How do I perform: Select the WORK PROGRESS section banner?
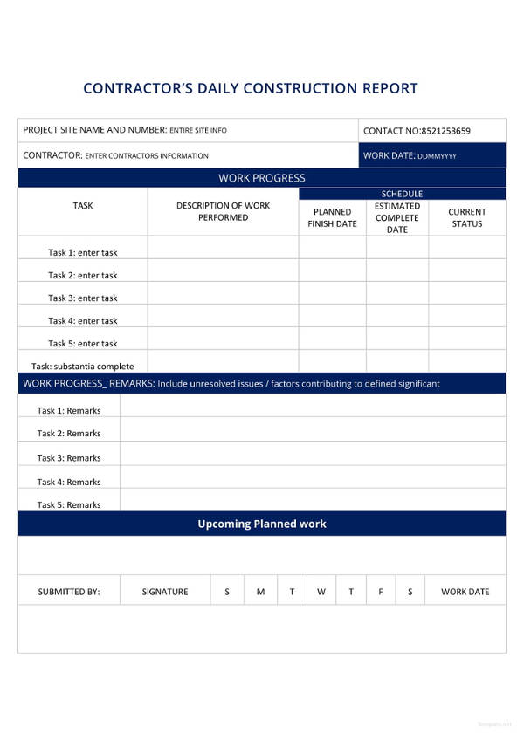(262, 178)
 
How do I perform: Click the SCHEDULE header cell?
(402, 194)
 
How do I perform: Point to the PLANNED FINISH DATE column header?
(332, 217)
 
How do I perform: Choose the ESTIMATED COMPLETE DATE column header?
(397, 217)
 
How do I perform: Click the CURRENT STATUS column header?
(467, 217)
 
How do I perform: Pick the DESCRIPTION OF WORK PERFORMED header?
(223, 211)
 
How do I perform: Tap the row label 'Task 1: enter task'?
(82, 252)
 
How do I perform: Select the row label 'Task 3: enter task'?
(82, 298)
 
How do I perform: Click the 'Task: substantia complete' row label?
(82, 367)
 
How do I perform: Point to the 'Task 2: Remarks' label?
(68, 433)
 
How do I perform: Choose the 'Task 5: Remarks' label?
(68, 504)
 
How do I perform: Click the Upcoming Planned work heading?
(262, 524)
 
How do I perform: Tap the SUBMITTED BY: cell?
(69, 592)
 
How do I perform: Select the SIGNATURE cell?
(165, 592)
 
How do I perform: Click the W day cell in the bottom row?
(321, 592)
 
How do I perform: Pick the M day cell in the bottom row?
(260, 592)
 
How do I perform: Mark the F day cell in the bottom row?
(381, 592)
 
